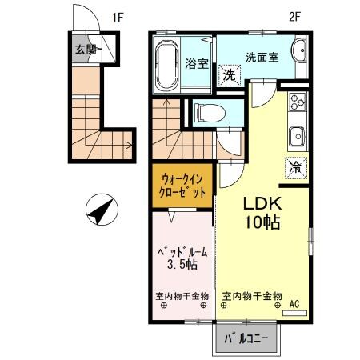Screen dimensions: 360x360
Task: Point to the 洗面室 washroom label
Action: [261, 58]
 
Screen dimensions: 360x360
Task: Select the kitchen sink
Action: [296, 134]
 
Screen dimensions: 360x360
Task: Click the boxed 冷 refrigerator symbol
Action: [294, 167]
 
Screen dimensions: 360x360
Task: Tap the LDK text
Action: [262, 204]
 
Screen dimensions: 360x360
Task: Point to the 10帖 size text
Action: [262, 224]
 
